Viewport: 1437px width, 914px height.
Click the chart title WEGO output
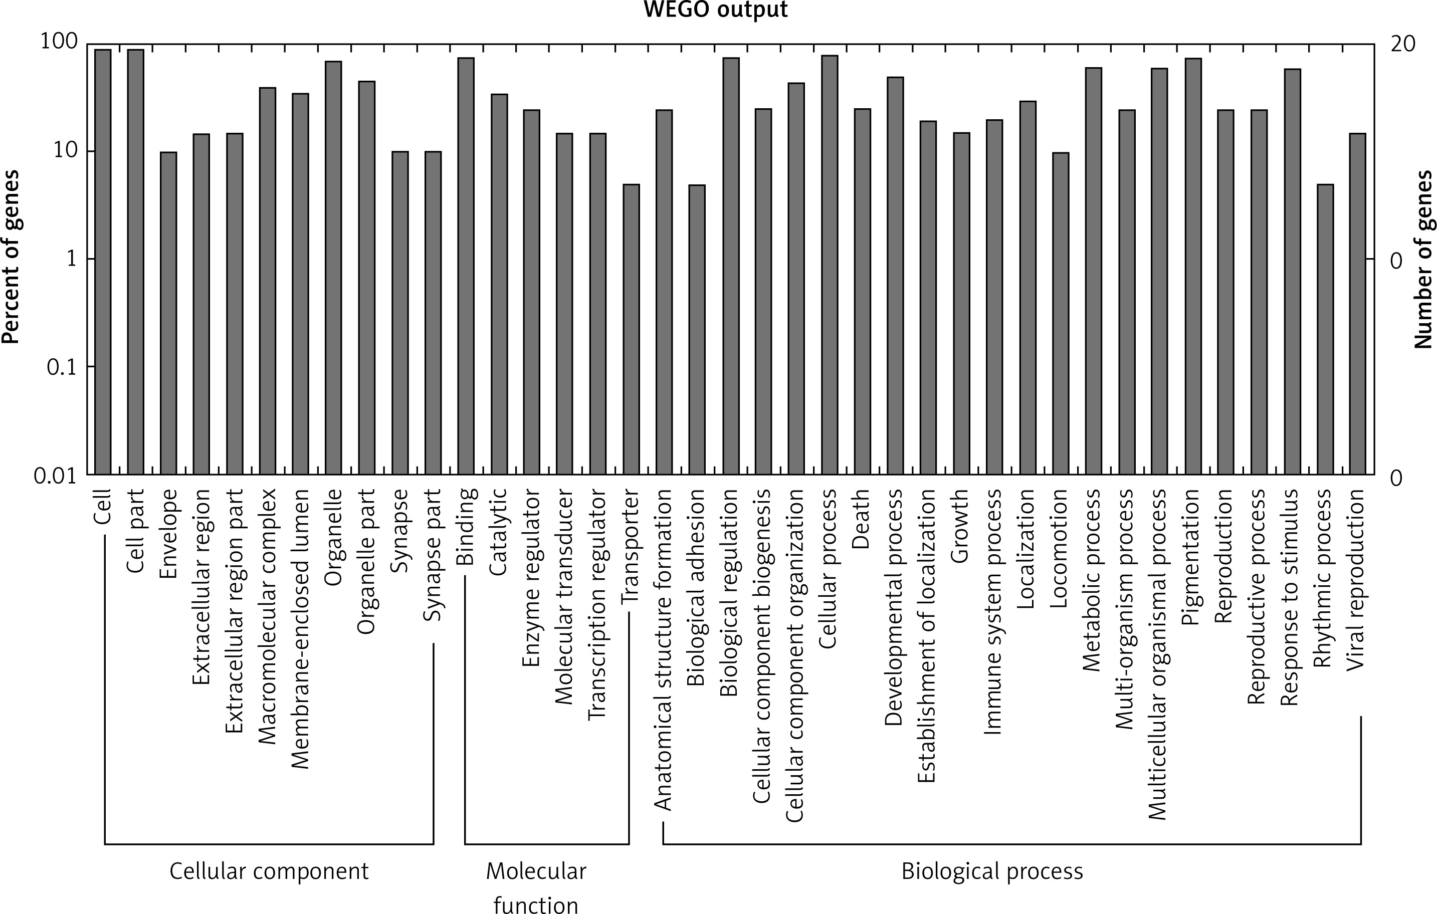click(x=716, y=10)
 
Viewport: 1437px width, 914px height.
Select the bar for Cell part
click(x=135, y=263)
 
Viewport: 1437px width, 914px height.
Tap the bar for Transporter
click(x=632, y=329)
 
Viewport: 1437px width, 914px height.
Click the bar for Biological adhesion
click(x=697, y=330)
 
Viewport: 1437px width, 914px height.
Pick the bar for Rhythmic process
click(x=1325, y=329)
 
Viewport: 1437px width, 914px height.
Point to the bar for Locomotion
click(x=1061, y=313)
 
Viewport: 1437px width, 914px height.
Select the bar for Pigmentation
click(x=1193, y=267)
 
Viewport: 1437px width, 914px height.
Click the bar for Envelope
click(x=168, y=313)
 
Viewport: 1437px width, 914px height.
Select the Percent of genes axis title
click(x=11, y=258)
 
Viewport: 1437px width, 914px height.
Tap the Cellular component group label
click(x=269, y=871)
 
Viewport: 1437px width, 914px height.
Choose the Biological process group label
click(x=992, y=871)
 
